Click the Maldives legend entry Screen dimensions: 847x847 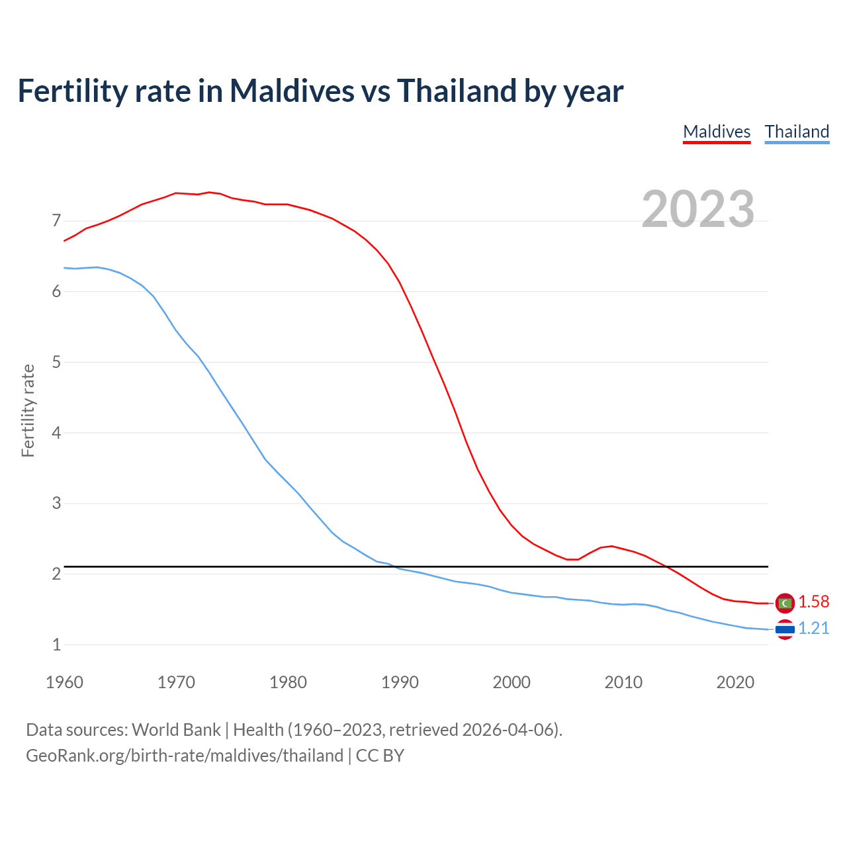pyautogui.click(x=717, y=132)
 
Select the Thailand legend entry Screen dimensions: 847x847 pyautogui.click(x=797, y=132)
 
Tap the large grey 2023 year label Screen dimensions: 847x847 pyautogui.click(x=698, y=209)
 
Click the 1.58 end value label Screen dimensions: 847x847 pyautogui.click(x=813, y=602)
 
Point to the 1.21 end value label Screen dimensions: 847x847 pyautogui.click(x=813, y=628)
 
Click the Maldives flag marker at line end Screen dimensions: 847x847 pyautogui.click(x=785, y=603)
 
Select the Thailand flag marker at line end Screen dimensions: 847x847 pyautogui.click(x=785, y=629)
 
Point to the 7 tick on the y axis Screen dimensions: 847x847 pyautogui.click(x=56, y=220)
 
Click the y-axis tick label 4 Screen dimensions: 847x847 pyautogui.click(x=56, y=433)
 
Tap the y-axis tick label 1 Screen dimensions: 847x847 pyautogui.click(x=56, y=645)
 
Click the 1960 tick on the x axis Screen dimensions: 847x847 pyautogui.click(x=64, y=682)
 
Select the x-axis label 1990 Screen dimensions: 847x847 pyautogui.click(x=400, y=682)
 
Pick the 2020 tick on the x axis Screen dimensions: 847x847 pyautogui.click(x=735, y=682)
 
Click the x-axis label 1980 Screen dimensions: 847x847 pyautogui.click(x=288, y=682)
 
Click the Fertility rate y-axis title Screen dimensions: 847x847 pyautogui.click(x=28, y=410)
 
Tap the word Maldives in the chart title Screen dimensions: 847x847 pyautogui.click(x=292, y=91)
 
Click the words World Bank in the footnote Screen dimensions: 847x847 pyautogui.click(x=176, y=730)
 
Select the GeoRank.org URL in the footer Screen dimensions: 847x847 pyautogui.click(x=185, y=756)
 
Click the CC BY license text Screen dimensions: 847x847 pyautogui.click(x=380, y=756)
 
